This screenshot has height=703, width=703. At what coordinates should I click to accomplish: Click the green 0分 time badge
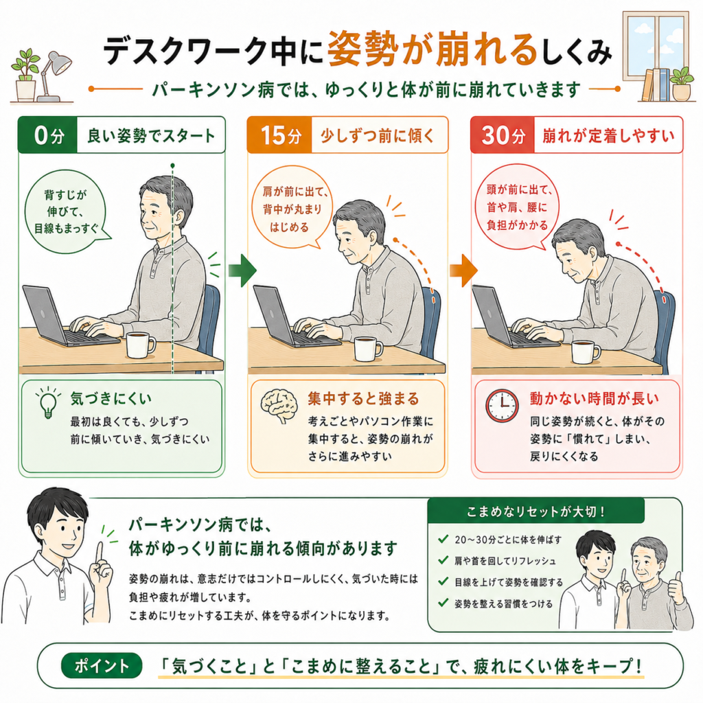(x=47, y=135)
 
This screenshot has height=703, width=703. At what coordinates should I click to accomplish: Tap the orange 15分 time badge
(x=279, y=135)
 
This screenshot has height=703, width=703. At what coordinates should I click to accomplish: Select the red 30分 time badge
(x=503, y=135)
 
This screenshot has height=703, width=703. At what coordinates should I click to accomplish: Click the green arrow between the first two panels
(x=242, y=270)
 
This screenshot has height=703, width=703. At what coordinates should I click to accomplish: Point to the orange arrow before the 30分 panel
(x=463, y=270)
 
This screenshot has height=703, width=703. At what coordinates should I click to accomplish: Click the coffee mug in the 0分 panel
(x=140, y=345)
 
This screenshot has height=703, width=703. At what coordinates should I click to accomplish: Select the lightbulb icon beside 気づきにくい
(x=48, y=402)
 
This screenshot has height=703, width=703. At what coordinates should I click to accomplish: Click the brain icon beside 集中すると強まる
(x=279, y=404)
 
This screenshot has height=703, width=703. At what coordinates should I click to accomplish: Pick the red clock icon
(x=502, y=405)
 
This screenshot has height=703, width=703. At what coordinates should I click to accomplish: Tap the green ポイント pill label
(x=102, y=666)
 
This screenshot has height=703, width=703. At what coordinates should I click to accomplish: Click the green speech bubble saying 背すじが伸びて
(x=67, y=211)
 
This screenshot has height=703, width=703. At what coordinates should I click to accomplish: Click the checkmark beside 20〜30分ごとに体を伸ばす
(x=443, y=539)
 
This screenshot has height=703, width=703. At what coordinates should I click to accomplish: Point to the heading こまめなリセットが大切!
(x=535, y=511)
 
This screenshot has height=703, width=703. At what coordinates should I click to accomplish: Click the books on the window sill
(x=656, y=84)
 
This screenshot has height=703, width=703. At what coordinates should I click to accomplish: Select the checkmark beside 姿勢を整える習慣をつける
(x=443, y=603)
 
